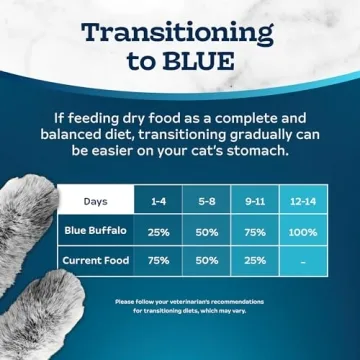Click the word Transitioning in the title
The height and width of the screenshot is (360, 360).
(x=177, y=31)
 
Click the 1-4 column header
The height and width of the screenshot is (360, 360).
(x=158, y=201)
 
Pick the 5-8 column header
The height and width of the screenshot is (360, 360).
(x=207, y=201)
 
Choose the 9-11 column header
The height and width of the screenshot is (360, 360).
(x=255, y=201)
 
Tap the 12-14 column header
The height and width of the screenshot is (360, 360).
(x=304, y=201)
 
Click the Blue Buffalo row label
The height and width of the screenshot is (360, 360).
(x=96, y=231)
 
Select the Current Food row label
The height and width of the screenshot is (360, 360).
(x=96, y=261)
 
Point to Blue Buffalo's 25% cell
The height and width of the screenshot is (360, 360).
(x=158, y=231)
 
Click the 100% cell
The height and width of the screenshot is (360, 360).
(x=304, y=231)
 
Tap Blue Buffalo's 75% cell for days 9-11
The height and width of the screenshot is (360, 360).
(x=255, y=231)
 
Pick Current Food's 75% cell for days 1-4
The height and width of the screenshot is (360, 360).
(x=158, y=261)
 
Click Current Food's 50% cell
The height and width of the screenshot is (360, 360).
(x=207, y=261)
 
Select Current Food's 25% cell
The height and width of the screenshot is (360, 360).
(x=255, y=261)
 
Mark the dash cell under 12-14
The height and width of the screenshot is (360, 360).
(x=304, y=262)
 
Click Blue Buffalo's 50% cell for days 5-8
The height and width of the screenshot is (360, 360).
(x=207, y=231)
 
